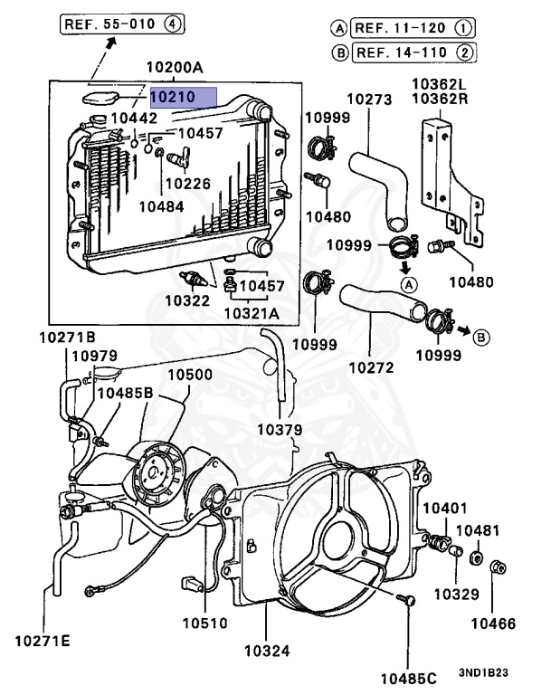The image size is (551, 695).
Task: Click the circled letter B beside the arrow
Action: click(480, 337)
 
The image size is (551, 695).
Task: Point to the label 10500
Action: click(189, 375)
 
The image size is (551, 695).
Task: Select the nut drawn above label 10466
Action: click(496, 568)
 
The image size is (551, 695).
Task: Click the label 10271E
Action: click(42, 642)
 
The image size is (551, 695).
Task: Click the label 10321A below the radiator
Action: click(251, 314)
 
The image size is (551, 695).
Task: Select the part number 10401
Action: click(444, 510)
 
